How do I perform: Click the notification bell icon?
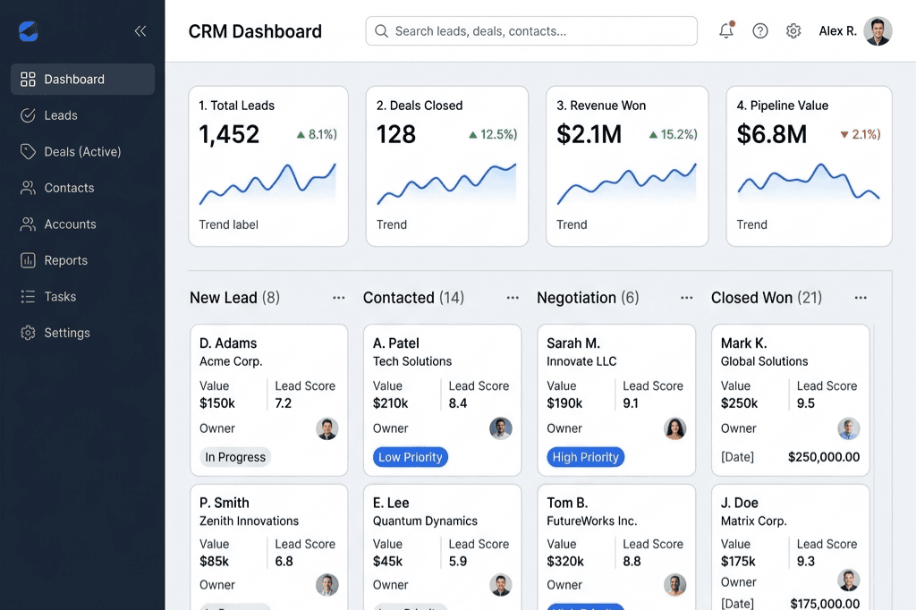726,31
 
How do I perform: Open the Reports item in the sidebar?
65,260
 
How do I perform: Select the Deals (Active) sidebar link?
82,152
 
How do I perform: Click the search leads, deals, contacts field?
531,31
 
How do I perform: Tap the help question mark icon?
760,31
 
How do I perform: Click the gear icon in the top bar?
793,31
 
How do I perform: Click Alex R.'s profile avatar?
878,31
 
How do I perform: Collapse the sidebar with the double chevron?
140,31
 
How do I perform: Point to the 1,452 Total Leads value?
229,134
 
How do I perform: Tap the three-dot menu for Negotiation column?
686,298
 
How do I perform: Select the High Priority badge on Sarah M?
585,457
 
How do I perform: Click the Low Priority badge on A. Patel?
410,457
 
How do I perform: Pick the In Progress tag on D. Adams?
235,457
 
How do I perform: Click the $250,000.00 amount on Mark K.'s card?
823,457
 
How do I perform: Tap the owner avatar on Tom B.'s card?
674,585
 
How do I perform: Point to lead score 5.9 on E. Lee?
458,562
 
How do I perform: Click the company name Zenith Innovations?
249,521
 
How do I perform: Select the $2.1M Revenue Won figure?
589,134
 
